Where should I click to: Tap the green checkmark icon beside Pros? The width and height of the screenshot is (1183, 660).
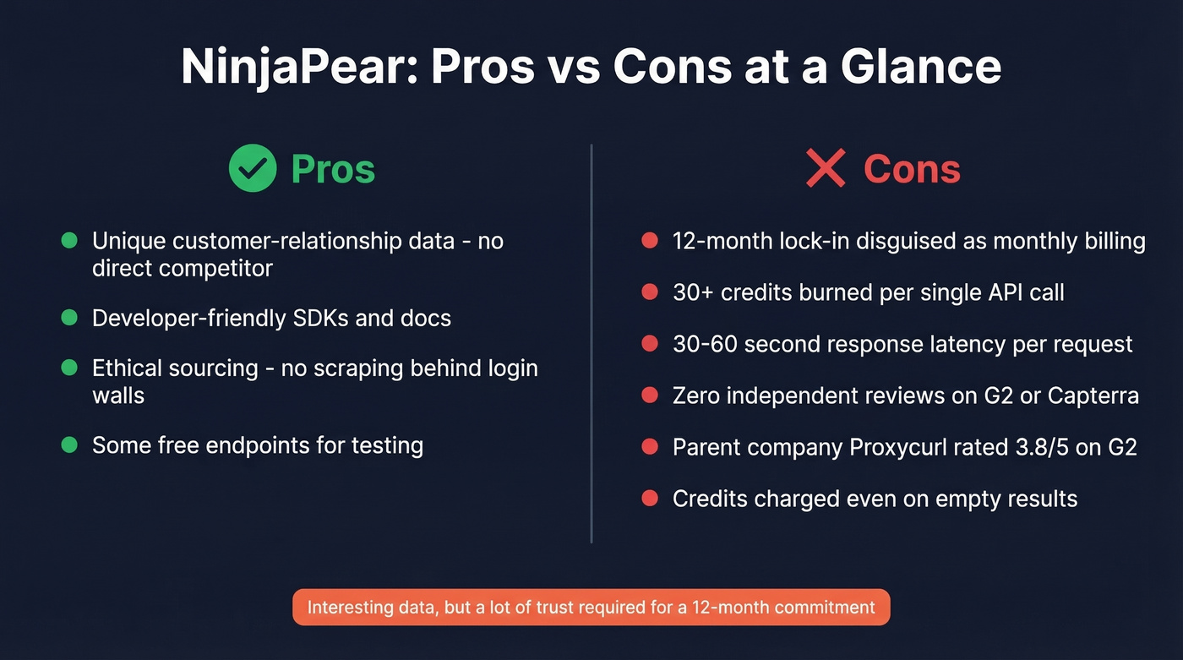point(253,168)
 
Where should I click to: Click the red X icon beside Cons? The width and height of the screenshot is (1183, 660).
point(826,168)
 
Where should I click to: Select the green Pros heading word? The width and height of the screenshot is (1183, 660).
point(333,169)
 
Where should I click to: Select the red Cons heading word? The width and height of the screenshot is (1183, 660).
point(912,169)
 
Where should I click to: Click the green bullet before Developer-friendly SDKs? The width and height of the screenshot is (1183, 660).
point(69,318)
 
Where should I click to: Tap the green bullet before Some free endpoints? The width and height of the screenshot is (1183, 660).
point(69,445)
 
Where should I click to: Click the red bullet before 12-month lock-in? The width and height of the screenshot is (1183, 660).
point(650,242)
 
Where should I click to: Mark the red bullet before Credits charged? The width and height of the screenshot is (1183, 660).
point(650,499)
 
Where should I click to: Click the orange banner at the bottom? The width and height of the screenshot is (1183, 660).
point(591,607)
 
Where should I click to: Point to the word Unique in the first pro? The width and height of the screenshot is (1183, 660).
point(128,241)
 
